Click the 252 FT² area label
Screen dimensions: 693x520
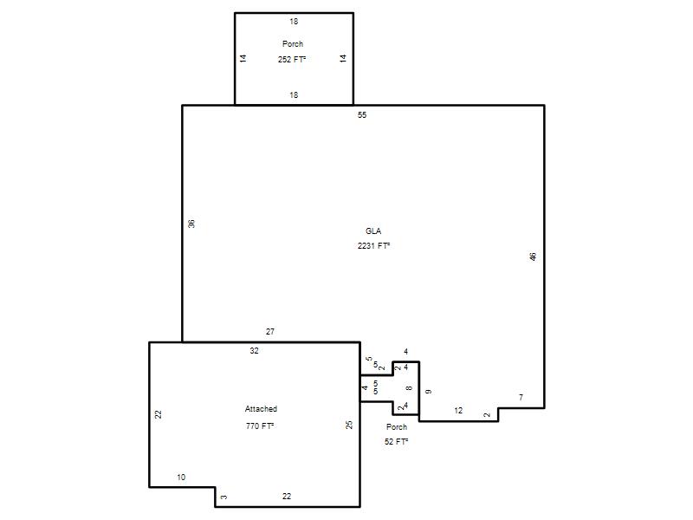pos(292,59)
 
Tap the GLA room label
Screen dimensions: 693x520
pos(373,231)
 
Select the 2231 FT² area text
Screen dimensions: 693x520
pos(373,246)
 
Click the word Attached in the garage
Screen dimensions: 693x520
pos(261,409)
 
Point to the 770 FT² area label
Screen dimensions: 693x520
pos(260,426)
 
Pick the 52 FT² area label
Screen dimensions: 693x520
pos(396,441)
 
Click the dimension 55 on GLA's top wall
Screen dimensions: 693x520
pos(362,115)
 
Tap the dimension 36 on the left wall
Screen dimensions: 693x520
pos(191,224)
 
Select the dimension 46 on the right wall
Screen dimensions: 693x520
pos(533,257)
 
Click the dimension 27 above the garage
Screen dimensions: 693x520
pos(270,332)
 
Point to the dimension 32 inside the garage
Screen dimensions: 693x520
pos(254,351)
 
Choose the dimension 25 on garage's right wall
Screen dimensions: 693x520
pos(349,425)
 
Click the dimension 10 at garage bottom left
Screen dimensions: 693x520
pos(181,478)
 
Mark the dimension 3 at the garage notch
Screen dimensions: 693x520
pos(224,497)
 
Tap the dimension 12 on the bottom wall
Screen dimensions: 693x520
pos(458,411)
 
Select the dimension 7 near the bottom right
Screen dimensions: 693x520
pos(521,398)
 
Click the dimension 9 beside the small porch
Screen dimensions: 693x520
pos(428,392)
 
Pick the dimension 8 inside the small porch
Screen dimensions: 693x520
pos(409,387)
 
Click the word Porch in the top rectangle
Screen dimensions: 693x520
pos(293,44)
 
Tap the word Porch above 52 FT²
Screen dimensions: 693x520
pos(397,426)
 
